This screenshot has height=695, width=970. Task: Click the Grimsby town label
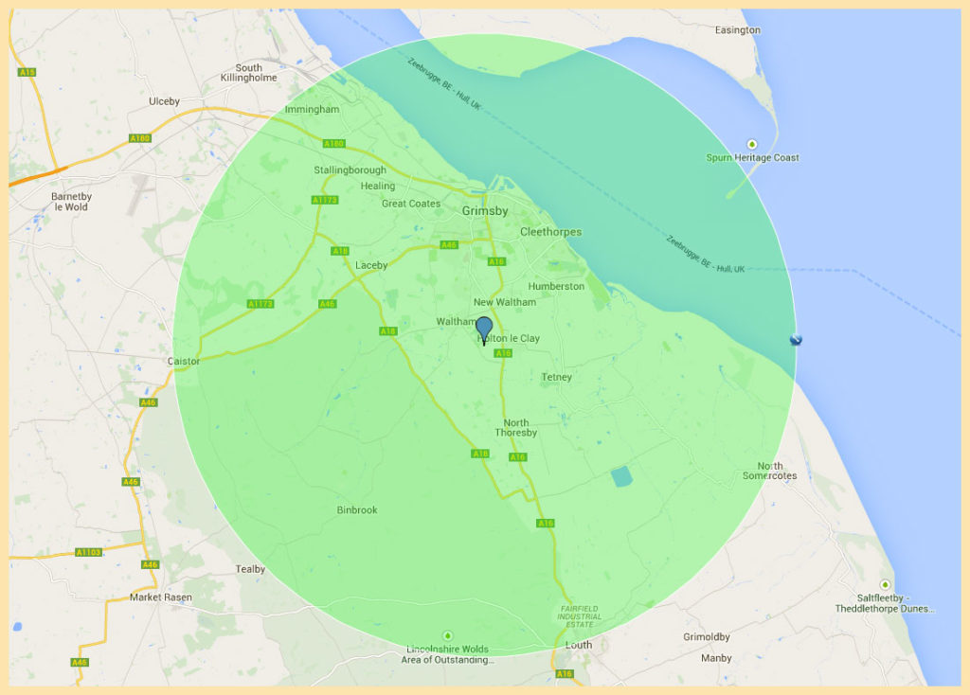pos(485,211)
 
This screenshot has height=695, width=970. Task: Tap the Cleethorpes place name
pos(550,232)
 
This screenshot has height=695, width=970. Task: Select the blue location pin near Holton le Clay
pos(484,330)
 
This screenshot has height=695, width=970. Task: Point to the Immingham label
pos(312,110)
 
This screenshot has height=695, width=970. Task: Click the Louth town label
pos(578,645)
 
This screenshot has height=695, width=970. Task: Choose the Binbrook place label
pos(357,510)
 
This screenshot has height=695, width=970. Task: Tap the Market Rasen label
pos(161,597)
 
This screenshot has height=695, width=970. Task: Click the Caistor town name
pos(184,362)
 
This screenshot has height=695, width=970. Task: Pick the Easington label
pos(738,30)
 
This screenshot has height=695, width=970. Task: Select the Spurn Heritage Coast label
pos(753,157)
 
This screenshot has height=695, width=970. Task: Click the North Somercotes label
pos(770,471)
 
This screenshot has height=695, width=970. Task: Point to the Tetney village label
pos(556,378)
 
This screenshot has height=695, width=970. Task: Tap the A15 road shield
pos(27,72)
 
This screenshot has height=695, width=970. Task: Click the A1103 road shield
pos(88,552)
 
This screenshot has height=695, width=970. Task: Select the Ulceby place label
pos(164,101)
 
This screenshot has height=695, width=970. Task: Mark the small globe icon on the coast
pos(796,340)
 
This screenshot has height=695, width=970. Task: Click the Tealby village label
pos(250,569)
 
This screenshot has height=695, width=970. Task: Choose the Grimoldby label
pos(707,637)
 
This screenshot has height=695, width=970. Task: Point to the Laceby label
pos(371,266)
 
